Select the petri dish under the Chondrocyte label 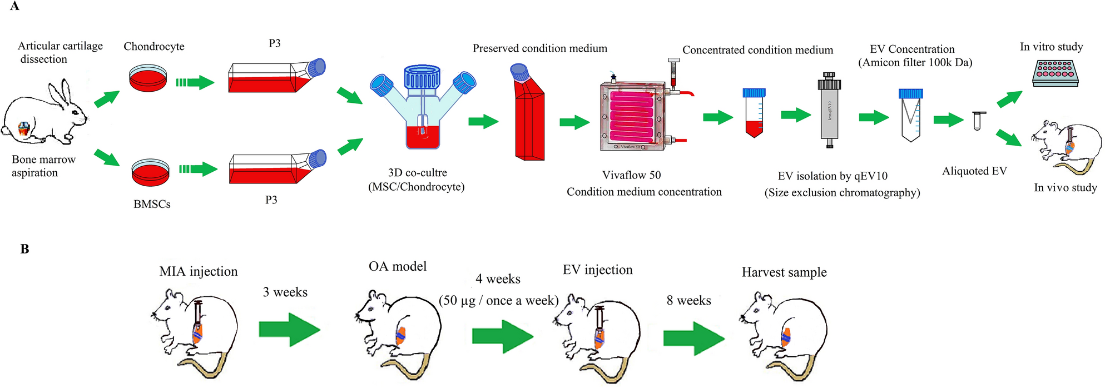click(148, 78)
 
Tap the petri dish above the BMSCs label click(150, 173)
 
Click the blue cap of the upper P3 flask click(316, 67)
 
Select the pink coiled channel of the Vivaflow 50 click(631, 116)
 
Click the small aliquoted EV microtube click(978, 121)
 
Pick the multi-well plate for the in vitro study click(1056, 73)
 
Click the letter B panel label click(24, 249)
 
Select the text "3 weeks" click(285, 292)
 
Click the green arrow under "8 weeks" click(693, 338)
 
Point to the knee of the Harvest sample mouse click(786, 337)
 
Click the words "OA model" click(397, 267)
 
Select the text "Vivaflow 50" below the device click(631, 175)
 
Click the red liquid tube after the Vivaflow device click(754, 113)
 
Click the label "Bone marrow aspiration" click(43, 166)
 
